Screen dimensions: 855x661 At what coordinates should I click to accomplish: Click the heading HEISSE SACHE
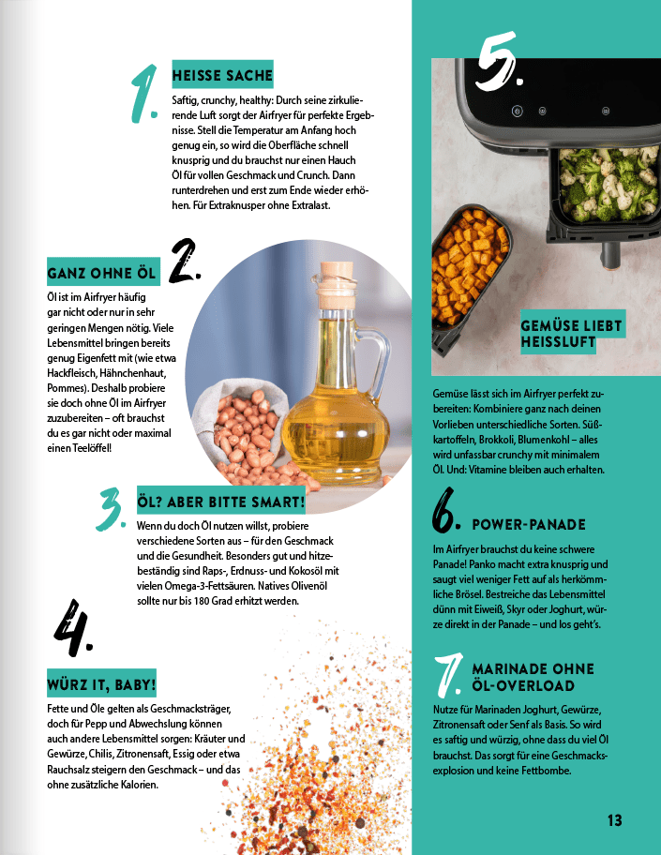pos(222,74)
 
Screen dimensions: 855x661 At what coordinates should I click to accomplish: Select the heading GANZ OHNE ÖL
pos(103,274)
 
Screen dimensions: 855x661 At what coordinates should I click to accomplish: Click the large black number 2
pos(186,262)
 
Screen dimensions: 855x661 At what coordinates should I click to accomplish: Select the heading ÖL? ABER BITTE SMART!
pos(221,502)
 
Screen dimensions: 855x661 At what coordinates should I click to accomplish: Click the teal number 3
pos(112,509)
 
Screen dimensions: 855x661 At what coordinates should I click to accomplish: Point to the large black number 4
pos(73,629)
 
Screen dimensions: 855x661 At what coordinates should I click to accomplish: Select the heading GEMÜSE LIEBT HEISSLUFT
pos(571,334)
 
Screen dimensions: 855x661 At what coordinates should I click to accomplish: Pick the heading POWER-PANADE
pos(529,524)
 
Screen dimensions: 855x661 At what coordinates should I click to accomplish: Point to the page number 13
pos(614,820)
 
